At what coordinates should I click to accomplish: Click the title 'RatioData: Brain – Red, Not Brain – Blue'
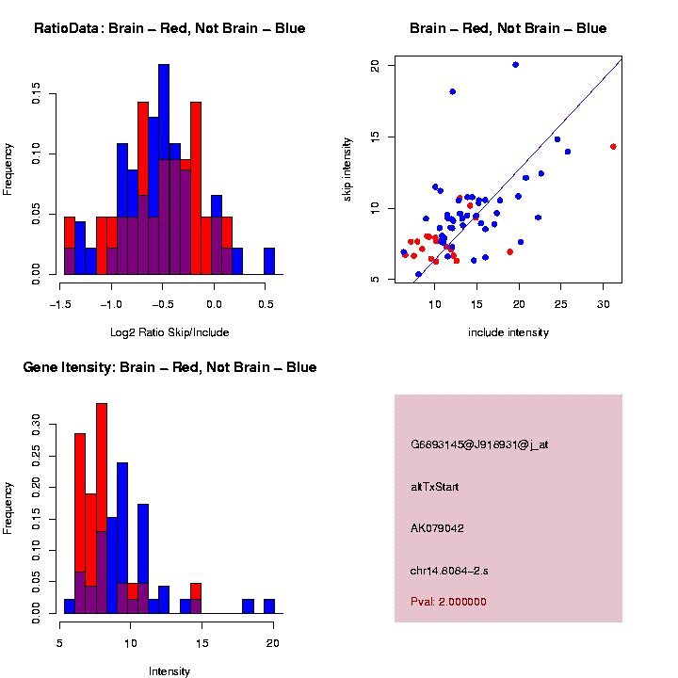tap(169, 28)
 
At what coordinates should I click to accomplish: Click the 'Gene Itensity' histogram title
tap(169, 367)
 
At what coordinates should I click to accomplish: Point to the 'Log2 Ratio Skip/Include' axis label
tap(169, 332)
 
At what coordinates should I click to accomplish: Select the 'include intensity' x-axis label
tap(508, 332)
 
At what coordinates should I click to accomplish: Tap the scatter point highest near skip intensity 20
tap(515, 65)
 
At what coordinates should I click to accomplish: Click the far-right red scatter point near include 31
tap(613, 147)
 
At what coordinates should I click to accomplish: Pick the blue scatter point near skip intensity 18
tap(453, 91)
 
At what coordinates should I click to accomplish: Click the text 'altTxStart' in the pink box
tap(435, 487)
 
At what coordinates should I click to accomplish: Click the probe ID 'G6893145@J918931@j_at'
tap(479, 444)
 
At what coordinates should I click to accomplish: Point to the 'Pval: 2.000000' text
tap(449, 601)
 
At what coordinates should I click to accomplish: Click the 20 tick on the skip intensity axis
tap(375, 65)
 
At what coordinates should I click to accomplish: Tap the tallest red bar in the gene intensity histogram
tap(102, 471)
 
